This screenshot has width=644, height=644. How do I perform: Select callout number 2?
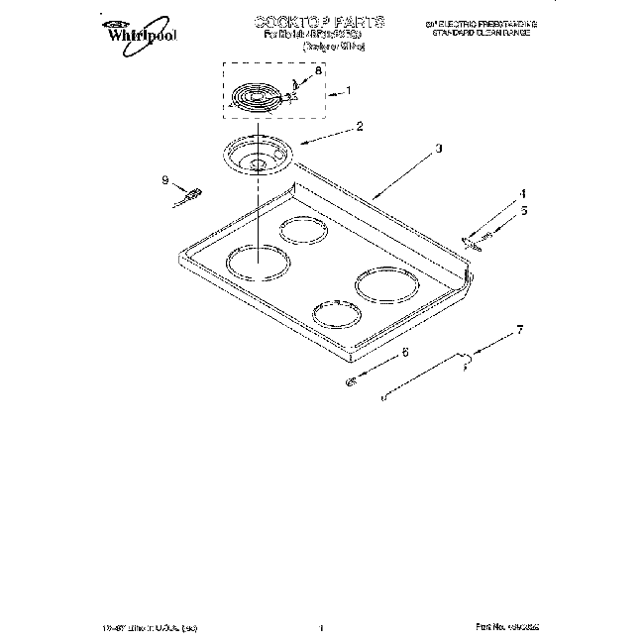click(332, 126)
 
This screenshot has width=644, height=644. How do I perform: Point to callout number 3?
click(437, 149)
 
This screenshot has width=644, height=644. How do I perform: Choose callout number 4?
click(523, 193)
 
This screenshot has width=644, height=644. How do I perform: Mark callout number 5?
click(524, 210)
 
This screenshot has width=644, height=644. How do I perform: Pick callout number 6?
click(404, 352)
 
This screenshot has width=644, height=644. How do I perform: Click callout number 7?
click(519, 328)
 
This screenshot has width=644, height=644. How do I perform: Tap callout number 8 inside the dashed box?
click(318, 71)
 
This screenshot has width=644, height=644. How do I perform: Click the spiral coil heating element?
click(256, 99)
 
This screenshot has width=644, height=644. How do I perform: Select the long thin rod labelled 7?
click(426, 376)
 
